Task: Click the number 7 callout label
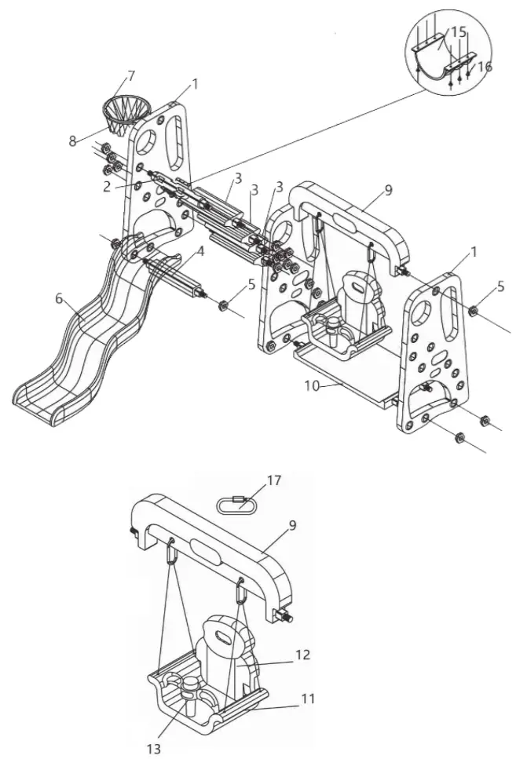point(131,75)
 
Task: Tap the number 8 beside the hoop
point(72,141)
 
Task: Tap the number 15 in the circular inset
point(458,32)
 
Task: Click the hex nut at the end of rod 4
point(221,302)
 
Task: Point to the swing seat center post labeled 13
point(190,691)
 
